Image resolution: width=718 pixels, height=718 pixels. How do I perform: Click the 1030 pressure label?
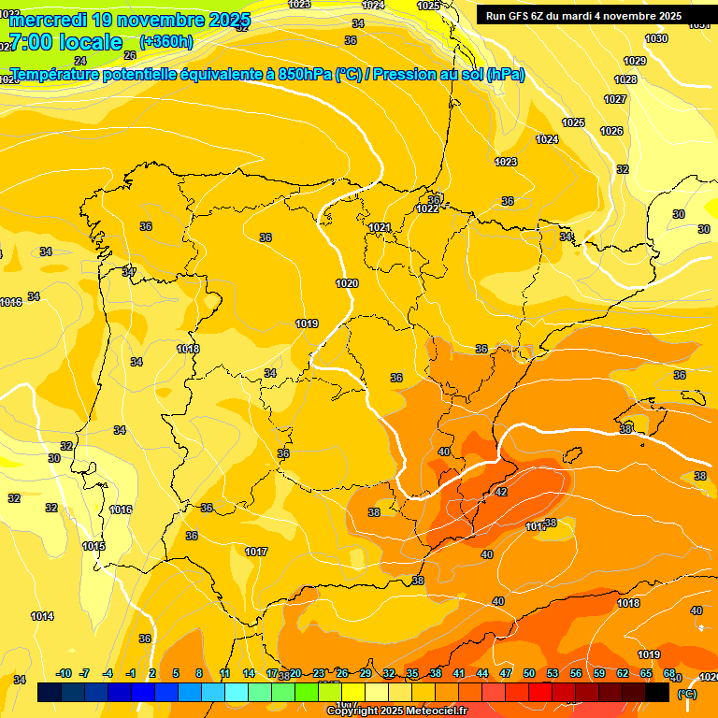click(656, 38)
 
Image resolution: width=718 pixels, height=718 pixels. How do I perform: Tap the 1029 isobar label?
click(635, 61)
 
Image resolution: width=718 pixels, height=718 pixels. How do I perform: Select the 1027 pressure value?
click(615, 99)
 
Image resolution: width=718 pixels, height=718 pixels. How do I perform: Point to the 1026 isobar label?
click(611, 131)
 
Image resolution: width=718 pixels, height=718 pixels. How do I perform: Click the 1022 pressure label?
click(427, 208)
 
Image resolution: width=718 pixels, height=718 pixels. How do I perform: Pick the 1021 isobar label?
click(379, 227)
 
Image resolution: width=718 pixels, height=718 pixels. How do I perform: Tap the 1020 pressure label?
click(346, 283)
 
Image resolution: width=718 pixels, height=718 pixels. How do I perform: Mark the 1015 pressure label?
click(93, 546)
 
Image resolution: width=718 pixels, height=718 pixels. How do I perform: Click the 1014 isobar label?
click(42, 616)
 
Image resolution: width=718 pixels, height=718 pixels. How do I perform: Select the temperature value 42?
click(501, 492)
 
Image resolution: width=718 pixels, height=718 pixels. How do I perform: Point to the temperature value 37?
click(129, 272)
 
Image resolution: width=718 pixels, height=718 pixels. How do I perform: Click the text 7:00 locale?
click(65, 42)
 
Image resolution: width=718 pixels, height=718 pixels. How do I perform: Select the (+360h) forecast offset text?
click(166, 42)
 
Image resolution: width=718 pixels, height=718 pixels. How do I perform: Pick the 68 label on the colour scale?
click(668, 673)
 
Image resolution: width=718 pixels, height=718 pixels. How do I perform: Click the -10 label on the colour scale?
click(64, 673)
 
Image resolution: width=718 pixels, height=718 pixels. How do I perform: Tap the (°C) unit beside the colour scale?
click(687, 693)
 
